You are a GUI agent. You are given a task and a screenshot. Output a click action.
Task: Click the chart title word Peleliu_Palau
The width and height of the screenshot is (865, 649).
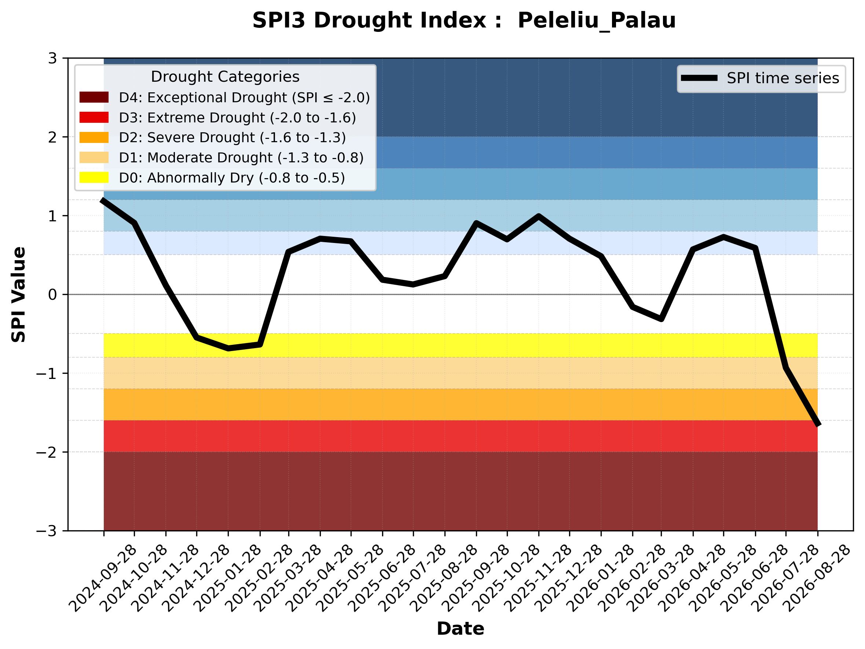click(597, 21)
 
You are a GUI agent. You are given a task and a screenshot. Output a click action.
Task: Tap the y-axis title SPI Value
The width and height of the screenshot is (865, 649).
click(18, 295)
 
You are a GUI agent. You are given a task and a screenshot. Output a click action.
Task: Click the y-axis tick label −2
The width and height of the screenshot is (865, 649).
click(47, 452)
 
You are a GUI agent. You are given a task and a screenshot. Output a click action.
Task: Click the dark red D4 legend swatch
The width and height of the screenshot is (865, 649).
click(94, 97)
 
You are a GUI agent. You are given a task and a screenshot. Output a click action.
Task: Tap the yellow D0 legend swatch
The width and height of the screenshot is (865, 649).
click(94, 177)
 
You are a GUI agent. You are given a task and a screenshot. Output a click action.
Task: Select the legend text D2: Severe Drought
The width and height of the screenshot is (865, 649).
click(187, 137)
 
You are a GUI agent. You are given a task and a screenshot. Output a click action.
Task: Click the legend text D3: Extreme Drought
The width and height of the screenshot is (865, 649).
click(192, 118)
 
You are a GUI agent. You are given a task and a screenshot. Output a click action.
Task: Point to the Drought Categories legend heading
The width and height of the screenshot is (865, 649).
click(225, 77)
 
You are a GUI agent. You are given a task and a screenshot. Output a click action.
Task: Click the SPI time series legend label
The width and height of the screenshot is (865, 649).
click(783, 78)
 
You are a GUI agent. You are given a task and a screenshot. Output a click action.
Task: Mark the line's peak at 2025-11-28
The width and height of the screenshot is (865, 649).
click(539, 216)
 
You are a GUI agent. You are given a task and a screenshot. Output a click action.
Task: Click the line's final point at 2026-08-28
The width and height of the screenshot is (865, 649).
click(817, 425)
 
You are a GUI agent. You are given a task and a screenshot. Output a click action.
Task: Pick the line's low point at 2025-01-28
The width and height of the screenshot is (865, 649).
click(228, 348)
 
